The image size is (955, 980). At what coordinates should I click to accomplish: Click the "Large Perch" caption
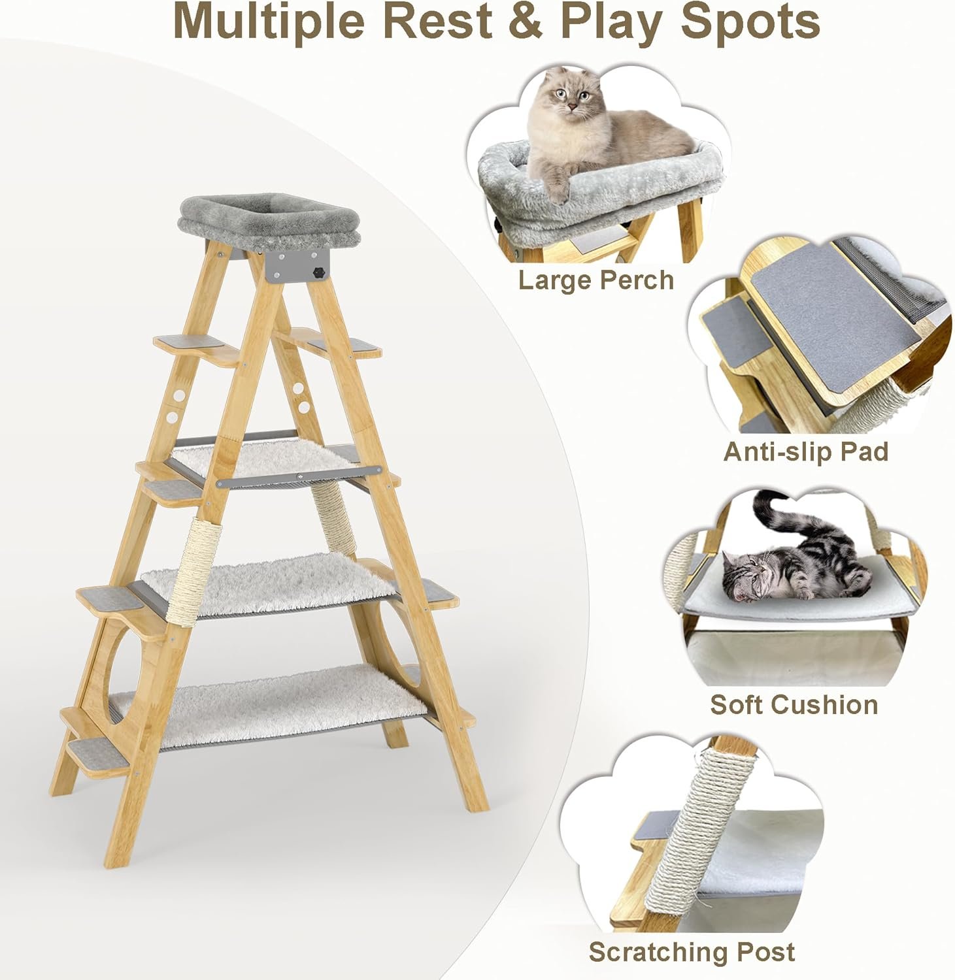coord(595,280)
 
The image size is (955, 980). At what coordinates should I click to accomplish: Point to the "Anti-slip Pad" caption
coord(806,451)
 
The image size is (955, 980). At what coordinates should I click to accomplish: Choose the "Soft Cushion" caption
coord(794,704)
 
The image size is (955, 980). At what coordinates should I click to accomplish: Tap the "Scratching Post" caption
coord(692,952)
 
